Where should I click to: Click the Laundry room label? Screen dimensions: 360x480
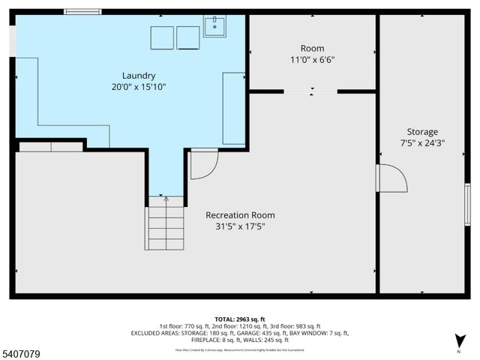[x=139, y=75]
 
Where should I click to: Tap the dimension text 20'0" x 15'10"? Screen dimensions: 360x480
[x=139, y=87]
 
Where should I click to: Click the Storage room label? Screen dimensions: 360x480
[x=422, y=131]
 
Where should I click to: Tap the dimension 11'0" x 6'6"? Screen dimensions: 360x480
[x=313, y=60]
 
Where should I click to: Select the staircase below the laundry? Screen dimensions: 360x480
[x=165, y=223]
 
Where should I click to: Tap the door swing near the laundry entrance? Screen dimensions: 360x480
[x=202, y=164]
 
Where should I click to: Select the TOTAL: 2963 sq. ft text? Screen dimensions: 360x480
[x=239, y=319]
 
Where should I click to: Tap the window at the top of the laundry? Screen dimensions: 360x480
[x=82, y=11]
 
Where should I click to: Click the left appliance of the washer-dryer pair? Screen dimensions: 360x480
[x=163, y=37]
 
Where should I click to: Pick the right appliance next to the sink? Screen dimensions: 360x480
[x=188, y=37]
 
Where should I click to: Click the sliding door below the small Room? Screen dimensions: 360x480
[x=311, y=91]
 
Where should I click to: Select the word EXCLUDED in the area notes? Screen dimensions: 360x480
[x=148, y=333]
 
